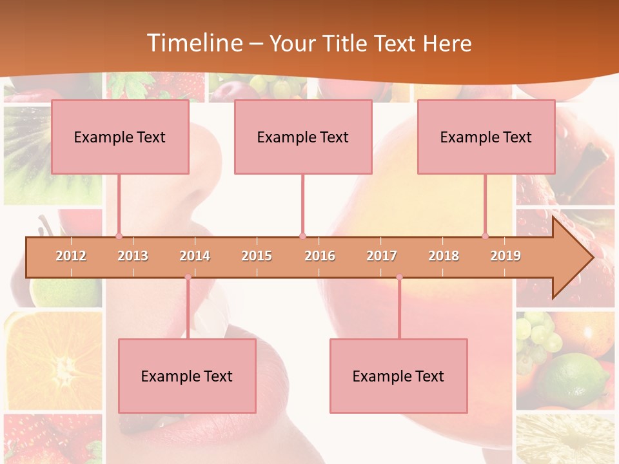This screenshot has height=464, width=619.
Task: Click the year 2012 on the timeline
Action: (x=71, y=256)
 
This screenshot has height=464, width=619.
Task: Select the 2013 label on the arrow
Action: (x=133, y=256)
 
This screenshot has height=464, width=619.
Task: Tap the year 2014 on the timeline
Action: (x=195, y=256)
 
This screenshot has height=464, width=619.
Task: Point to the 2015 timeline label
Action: (x=257, y=256)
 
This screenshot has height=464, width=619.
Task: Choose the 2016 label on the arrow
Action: (x=320, y=256)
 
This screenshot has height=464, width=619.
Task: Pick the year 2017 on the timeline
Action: (x=382, y=256)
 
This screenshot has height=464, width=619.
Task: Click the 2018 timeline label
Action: (x=444, y=256)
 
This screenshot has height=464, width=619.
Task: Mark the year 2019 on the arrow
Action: (x=506, y=256)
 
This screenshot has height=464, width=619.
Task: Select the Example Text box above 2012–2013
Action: (x=120, y=137)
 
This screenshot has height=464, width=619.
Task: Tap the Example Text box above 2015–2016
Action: (x=303, y=137)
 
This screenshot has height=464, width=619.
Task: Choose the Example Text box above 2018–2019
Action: (x=486, y=137)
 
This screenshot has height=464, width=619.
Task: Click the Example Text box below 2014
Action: (x=187, y=376)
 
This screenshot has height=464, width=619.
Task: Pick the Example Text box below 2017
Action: (x=398, y=376)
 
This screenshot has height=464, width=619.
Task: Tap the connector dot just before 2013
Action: (x=119, y=236)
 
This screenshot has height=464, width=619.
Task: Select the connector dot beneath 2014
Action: (x=188, y=277)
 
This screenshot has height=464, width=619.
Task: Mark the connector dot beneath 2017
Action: (x=399, y=277)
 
